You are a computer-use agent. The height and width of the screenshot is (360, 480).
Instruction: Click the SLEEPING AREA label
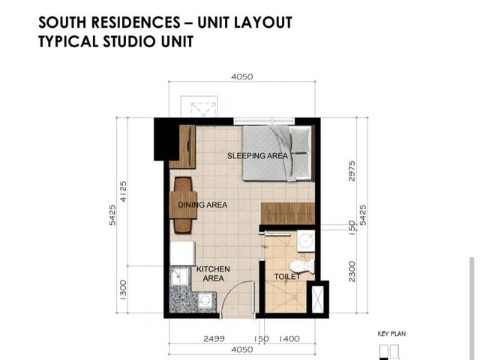(x=257, y=155)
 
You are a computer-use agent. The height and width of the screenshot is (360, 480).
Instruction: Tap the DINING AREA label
(x=202, y=205)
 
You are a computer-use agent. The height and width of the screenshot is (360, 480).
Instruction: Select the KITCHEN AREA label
(x=213, y=274)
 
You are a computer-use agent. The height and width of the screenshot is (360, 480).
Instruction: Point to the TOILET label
(x=287, y=277)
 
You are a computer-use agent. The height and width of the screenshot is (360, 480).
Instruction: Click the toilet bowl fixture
(x=301, y=266)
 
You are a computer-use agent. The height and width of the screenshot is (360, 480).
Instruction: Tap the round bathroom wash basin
(x=306, y=240)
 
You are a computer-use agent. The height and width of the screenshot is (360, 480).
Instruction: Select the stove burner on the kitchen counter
(x=205, y=301)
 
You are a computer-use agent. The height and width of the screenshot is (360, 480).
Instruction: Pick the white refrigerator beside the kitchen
(x=182, y=253)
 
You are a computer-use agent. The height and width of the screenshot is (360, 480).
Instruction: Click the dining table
(x=183, y=205)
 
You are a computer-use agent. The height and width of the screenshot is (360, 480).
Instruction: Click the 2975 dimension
(x=352, y=171)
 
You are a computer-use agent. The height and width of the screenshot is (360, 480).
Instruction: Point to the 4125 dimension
(x=123, y=191)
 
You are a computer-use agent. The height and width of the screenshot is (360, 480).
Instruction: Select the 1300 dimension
(x=123, y=289)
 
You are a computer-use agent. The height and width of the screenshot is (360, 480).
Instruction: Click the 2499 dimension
(x=214, y=339)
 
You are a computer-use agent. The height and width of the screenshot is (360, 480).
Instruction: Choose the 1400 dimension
(x=289, y=339)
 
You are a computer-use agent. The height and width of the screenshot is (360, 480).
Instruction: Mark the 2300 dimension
(x=352, y=271)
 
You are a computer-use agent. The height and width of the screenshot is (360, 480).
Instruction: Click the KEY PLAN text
(x=391, y=334)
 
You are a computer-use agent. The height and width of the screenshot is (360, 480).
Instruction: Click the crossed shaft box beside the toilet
(x=317, y=298)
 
